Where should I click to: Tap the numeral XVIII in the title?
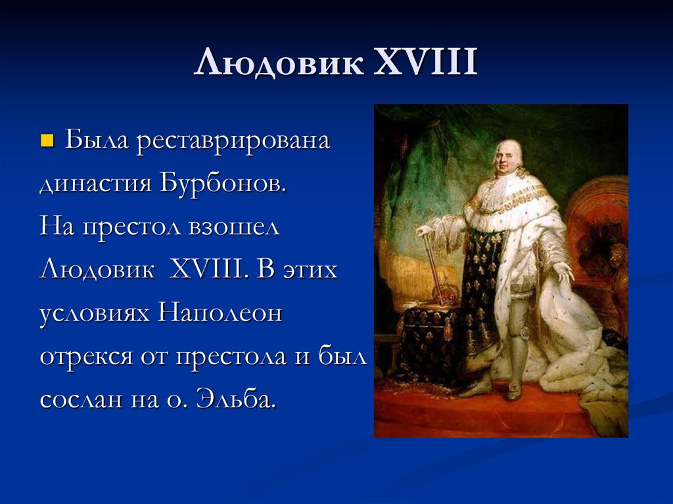coord(425,64)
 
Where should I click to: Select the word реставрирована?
coord(233,141)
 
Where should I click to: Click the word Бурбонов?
coord(222,183)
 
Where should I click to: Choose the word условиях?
coord(95,313)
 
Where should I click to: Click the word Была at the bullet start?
coord(98,141)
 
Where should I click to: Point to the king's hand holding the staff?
coord(424,231)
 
